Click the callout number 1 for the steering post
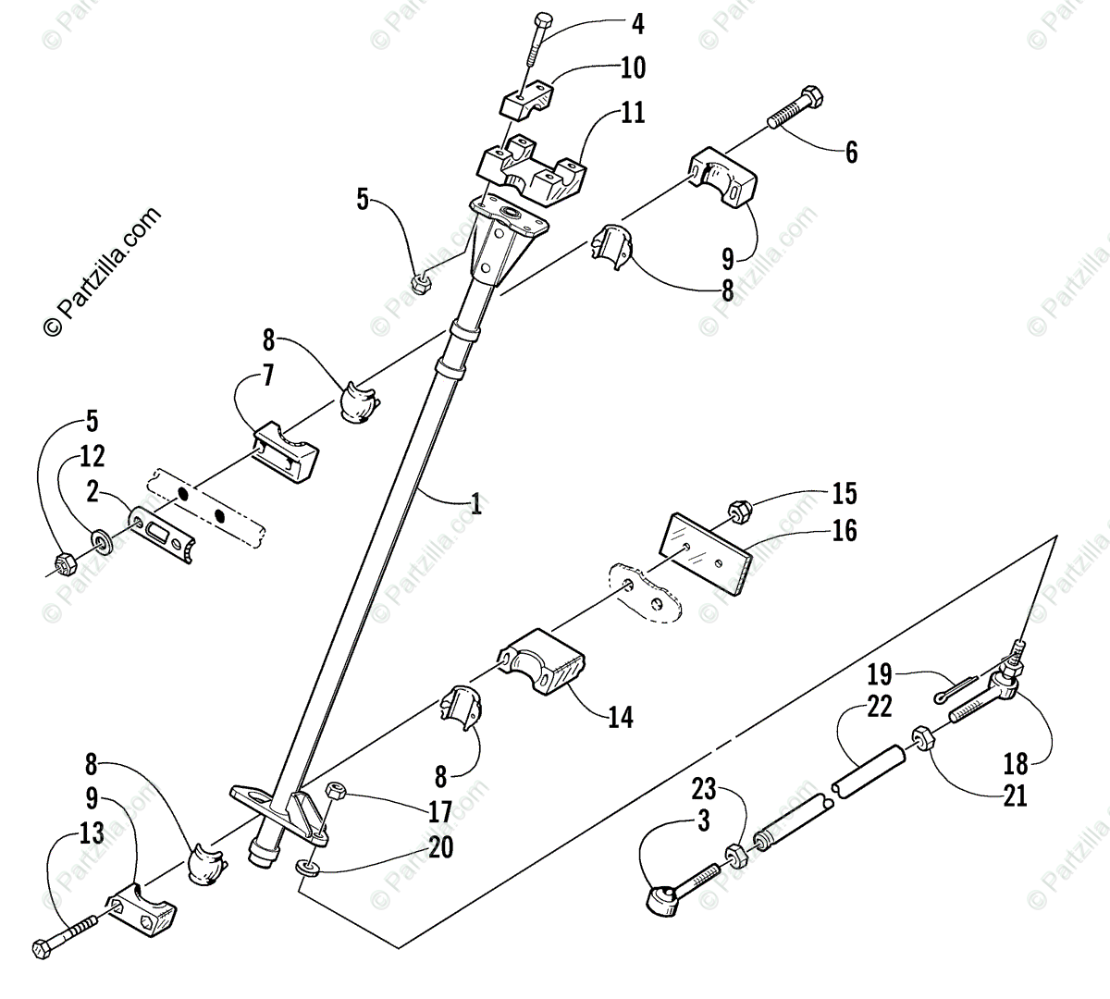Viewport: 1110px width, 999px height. [475, 504]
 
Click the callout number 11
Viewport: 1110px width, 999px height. [634, 114]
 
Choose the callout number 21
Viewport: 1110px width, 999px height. [1015, 795]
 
